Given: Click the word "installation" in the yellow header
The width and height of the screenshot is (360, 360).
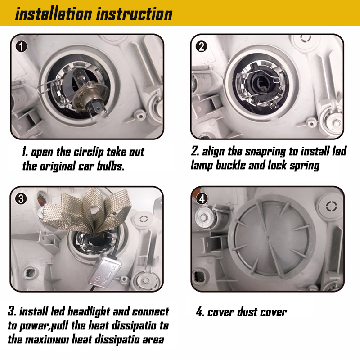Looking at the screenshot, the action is [x=54, y=14].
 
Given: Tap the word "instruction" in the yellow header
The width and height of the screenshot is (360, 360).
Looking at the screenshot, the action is [x=134, y=14].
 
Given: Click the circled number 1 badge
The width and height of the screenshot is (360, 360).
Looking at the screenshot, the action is [x=21, y=47].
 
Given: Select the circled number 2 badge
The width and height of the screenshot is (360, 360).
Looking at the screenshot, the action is [x=201, y=47].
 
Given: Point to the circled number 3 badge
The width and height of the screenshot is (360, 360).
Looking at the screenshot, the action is [x=21, y=199].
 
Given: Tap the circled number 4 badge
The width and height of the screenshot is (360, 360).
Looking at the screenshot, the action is [x=202, y=199].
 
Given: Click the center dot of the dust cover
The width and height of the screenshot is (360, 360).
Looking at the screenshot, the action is [x=267, y=237].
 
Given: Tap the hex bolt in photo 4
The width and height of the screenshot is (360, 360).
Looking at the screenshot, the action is [x=203, y=217].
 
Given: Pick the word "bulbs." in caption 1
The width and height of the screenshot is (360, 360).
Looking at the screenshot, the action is [x=111, y=166].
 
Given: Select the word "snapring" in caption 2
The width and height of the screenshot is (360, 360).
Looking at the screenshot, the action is [x=265, y=152].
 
